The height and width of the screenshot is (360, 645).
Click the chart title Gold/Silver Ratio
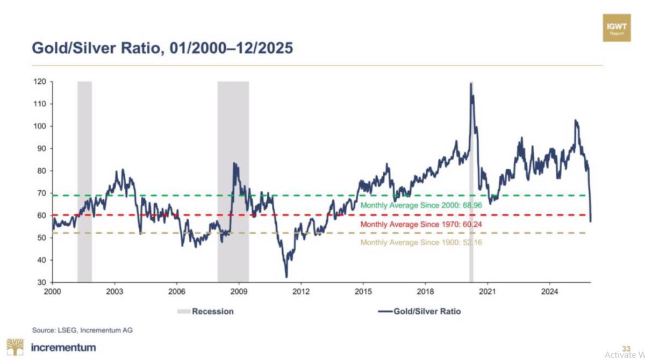(162, 48)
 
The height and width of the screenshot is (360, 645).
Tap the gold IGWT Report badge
(617, 28)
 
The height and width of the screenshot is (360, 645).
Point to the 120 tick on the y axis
(40, 82)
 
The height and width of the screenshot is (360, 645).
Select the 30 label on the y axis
(42, 282)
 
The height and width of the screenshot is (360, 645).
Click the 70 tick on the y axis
(42, 193)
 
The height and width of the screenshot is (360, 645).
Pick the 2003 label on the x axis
(114, 292)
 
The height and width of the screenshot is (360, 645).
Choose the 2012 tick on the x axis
(301, 292)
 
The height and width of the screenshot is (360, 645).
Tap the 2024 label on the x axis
(549, 292)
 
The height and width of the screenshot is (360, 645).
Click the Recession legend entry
(205, 311)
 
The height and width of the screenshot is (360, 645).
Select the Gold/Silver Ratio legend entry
(420, 311)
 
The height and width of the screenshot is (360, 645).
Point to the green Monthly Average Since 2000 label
(421, 205)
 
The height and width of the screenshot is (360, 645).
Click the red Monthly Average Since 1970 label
(421, 225)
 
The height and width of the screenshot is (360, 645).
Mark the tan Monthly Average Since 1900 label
(421, 242)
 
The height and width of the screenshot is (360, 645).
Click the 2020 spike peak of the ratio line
(471, 83)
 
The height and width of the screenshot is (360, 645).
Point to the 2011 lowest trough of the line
(286, 277)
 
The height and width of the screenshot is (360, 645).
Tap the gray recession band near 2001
(85, 182)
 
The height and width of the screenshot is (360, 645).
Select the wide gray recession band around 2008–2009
(233, 182)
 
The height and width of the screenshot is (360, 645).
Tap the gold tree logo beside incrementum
(15, 347)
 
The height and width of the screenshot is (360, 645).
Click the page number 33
(626, 349)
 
